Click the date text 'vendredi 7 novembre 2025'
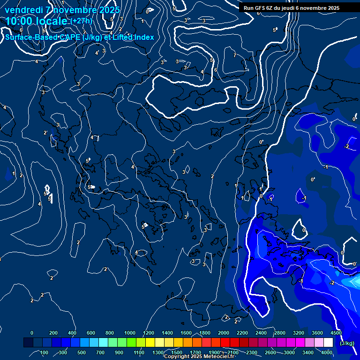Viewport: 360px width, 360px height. point(62,10)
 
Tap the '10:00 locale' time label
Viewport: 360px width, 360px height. point(37,21)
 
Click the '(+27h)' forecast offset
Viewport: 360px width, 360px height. point(81,21)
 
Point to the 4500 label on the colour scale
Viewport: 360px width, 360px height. point(336,333)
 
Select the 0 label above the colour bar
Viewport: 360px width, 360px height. point(32,333)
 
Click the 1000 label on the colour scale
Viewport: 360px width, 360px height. point(130,333)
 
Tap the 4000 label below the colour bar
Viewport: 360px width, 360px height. point(327,352)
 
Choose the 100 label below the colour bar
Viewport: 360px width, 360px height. point(45,352)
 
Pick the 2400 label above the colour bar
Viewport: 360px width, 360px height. point(261,333)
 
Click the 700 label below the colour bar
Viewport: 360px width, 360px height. point(100,352)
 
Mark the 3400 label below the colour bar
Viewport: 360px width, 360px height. point(308,352)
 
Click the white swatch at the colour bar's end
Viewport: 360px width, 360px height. point(328,343)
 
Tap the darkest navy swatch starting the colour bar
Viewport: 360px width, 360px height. point(28,343)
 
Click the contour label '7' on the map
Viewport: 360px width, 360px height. point(235,55)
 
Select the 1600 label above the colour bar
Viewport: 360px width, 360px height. point(186,333)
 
